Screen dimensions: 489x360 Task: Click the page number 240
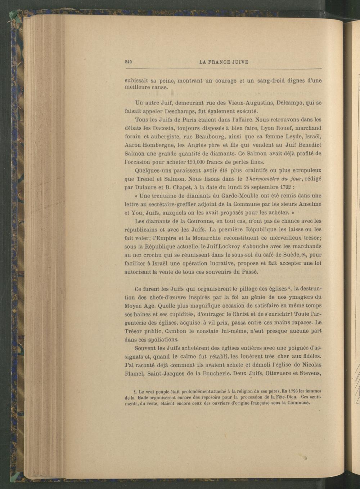click(x=127, y=62)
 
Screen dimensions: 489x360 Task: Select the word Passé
click(x=249, y=272)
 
